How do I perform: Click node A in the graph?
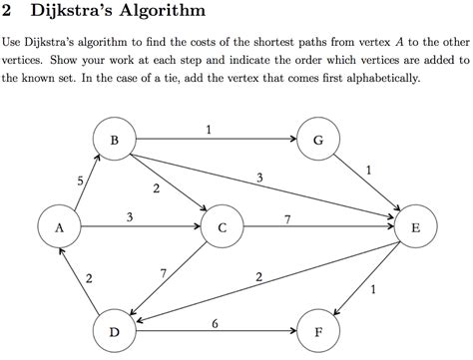point(60,228)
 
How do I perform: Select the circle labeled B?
point(115,142)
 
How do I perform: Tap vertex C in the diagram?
point(222,228)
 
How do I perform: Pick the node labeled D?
point(115,332)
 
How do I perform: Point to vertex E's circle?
point(415,228)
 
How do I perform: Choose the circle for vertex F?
point(317,332)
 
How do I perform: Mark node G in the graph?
point(317,142)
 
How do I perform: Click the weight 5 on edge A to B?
point(79,180)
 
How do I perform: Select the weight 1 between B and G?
point(208,130)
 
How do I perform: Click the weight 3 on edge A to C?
point(131,216)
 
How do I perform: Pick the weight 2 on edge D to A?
point(90,278)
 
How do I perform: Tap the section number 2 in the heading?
point(9,13)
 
